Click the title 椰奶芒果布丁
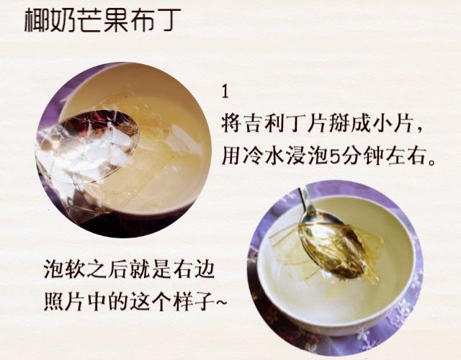[x=102, y=20]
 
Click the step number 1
[x=225, y=92]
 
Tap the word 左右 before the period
[x=406, y=156]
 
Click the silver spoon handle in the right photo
[x=305, y=201]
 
